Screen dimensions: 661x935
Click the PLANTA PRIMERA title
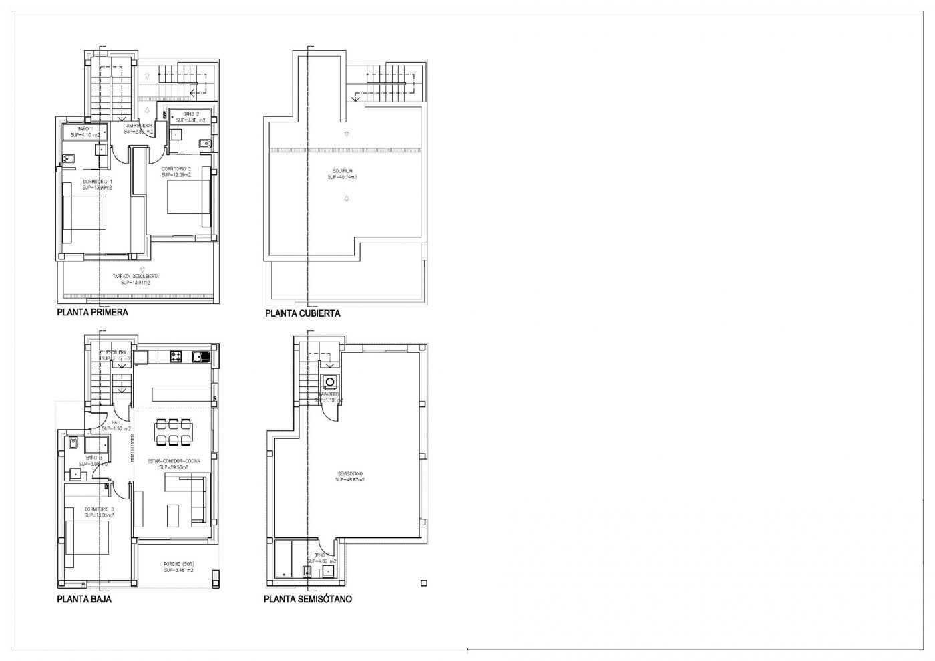[x=92, y=312]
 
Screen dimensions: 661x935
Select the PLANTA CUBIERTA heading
[x=303, y=313]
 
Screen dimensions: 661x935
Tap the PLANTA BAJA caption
[x=85, y=599]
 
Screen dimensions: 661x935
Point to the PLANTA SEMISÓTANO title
[x=308, y=599]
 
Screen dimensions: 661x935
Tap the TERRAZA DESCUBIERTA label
[x=136, y=276]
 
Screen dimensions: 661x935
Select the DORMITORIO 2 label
[x=176, y=168]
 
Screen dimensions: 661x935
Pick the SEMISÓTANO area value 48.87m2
[x=349, y=479]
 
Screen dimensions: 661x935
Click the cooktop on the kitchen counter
[x=177, y=356]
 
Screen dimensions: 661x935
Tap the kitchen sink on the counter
[x=200, y=356]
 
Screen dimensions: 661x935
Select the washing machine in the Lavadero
[x=329, y=382]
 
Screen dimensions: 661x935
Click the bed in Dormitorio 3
[x=85, y=541]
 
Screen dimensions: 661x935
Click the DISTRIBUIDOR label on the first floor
[x=139, y=125]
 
